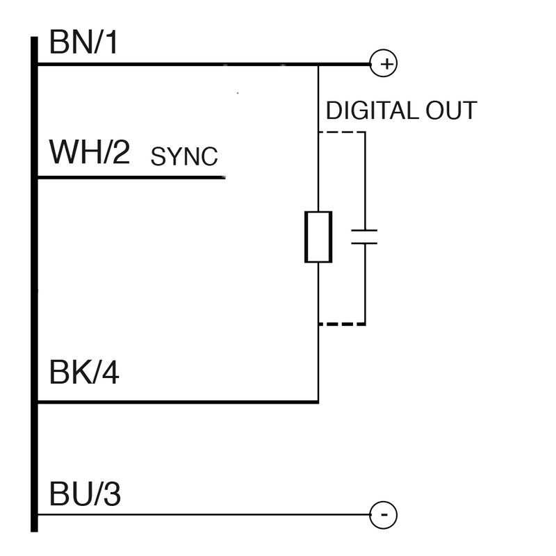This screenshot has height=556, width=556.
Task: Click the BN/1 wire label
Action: tap(84, 44)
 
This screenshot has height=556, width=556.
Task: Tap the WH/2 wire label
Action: tap(90, 152)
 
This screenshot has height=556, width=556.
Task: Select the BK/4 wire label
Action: tap(84, 373)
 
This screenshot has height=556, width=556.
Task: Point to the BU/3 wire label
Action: tap(85, 495)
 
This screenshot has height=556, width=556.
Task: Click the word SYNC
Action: tap(184, 157)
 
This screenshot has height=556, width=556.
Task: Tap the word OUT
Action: tap(452, 111)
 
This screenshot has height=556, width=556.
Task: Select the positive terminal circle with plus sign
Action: tap(384, 65)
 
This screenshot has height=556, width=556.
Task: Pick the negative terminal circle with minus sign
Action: tap(384, 515)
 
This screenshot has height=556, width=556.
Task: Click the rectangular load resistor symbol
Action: tap(318, 237)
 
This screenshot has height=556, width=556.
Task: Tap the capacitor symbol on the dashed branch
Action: tap(364, 236)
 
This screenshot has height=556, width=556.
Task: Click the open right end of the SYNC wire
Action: tap(224, 178)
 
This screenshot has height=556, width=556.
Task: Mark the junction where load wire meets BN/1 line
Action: tap(318, 65)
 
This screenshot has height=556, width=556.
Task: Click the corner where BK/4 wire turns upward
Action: tap(318, 402)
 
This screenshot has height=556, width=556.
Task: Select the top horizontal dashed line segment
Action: tap(341, 131)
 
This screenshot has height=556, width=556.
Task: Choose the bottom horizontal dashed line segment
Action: tap(341, 324)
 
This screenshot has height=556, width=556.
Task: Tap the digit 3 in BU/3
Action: tap(111, 495)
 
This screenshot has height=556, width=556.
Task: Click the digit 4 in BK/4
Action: tap(110, 373)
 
